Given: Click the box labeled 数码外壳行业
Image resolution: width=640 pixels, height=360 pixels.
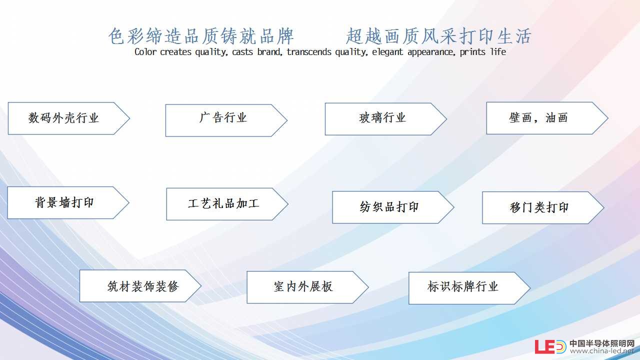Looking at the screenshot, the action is (69, 118).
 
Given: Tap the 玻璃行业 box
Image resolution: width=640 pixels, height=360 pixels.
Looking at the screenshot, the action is (386, 119).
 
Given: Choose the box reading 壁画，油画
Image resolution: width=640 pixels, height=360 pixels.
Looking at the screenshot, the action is (547, 118).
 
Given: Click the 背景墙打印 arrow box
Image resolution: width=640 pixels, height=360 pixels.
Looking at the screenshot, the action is (68, 202).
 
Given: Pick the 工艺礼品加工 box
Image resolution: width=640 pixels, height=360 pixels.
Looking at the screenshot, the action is (227, 204).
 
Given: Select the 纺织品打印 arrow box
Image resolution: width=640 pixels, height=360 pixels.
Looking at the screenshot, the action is (393, 207).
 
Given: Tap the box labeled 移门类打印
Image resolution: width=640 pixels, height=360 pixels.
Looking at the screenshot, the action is (543, 207).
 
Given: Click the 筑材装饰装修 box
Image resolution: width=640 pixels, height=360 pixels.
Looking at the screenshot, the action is (140, 285).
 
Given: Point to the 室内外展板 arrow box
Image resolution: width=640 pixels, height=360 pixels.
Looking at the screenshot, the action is (307, 287).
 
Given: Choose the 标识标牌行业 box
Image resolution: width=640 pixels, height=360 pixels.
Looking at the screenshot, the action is (469, 288).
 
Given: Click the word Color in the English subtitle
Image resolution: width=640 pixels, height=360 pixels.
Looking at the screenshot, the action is (145, 52).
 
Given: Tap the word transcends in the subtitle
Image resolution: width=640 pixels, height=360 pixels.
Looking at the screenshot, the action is (309, 52).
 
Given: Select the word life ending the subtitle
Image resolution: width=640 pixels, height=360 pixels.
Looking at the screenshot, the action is (498, 51).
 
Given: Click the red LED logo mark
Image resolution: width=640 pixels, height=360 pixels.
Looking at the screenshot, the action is (550, 346).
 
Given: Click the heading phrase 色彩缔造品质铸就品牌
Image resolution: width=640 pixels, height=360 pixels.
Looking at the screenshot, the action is (201, 36).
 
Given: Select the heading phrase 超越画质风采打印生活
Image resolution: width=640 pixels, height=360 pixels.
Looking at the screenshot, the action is (438, 36).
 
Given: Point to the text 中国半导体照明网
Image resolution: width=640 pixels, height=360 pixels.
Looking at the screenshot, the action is (602, 343).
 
